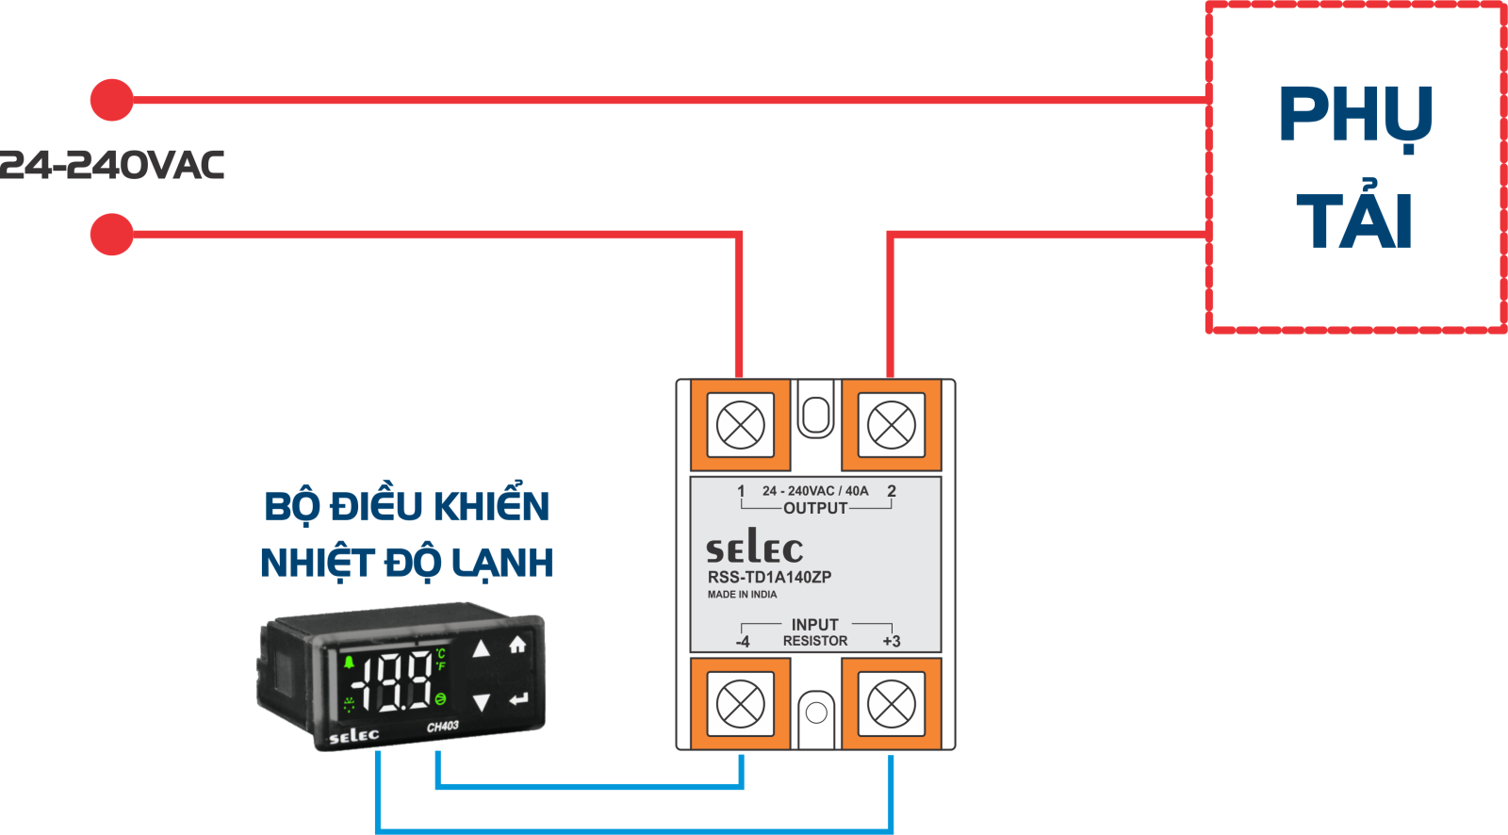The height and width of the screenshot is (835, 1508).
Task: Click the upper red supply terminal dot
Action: point(112,100)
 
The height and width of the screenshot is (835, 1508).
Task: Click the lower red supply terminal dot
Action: point(112,235)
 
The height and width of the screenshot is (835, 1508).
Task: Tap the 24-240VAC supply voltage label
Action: point(111,165)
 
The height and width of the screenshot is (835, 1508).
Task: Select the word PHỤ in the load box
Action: point(1354,117)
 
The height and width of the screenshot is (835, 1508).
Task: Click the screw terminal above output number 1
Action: point(741,425)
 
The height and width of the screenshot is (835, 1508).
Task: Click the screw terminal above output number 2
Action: point(892,425)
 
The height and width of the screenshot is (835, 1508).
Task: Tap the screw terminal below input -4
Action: point(741,704)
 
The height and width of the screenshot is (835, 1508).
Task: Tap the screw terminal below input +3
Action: point(892,704)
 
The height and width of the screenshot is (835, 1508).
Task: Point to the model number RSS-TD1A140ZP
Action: point(769,577)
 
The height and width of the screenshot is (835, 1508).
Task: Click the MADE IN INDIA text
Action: point(742,595)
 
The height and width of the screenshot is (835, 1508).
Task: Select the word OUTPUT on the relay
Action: point(815,508)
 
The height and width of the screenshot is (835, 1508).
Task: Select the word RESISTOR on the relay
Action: point(815,641)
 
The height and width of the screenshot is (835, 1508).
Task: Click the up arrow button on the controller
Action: point(481,649)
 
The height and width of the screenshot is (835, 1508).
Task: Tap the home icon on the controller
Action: point(517,645)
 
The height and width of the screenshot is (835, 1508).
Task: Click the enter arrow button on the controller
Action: point(518,699)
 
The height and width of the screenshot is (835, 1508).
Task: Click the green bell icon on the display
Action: point(349,663)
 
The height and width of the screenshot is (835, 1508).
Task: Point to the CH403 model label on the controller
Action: point(442,727)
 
